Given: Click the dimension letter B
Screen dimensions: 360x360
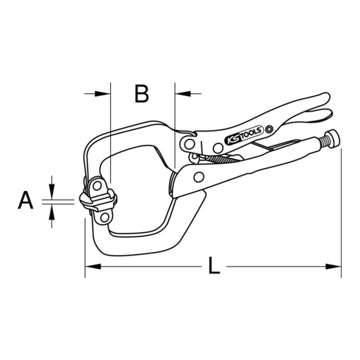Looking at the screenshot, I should click(x=142, y=93).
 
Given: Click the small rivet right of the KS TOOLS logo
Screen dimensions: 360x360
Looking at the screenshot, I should click(x=270, y=129).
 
